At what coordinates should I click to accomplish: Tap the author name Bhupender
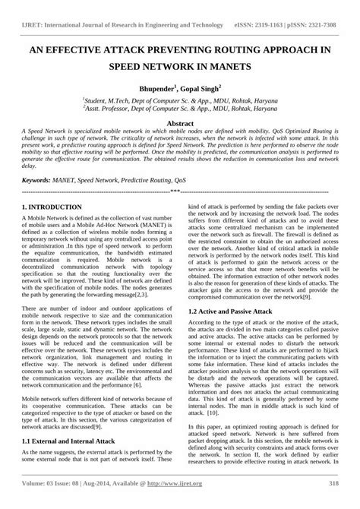click(151, 88)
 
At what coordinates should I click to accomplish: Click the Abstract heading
click(179, 122)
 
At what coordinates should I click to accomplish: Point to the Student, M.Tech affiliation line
click(179, 100)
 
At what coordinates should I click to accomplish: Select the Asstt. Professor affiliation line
click(179, 109)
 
